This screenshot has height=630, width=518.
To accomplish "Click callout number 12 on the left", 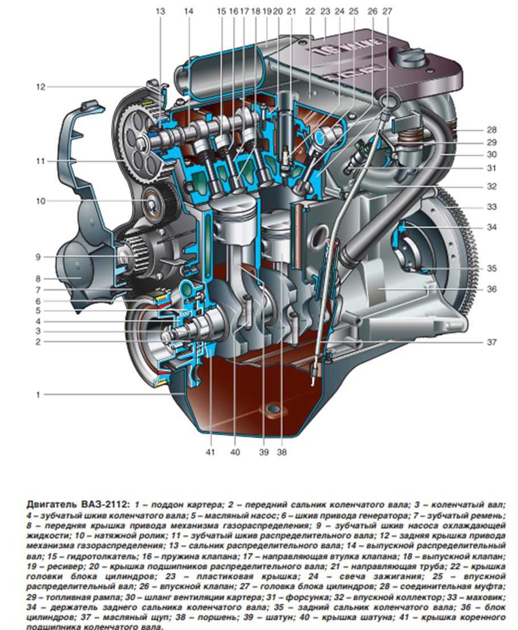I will [40, 87].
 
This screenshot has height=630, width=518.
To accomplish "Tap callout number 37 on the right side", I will [491, 342].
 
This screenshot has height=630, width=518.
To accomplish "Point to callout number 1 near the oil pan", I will [39, 394].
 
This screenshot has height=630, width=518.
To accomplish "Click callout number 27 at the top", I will [388, 11].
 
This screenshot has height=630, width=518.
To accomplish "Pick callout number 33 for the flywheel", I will [491, 207].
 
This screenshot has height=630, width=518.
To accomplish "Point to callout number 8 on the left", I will [39, 279].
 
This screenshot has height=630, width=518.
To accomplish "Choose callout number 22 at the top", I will [309, 11].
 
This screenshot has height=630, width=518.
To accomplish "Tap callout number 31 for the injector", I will [491, 168].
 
